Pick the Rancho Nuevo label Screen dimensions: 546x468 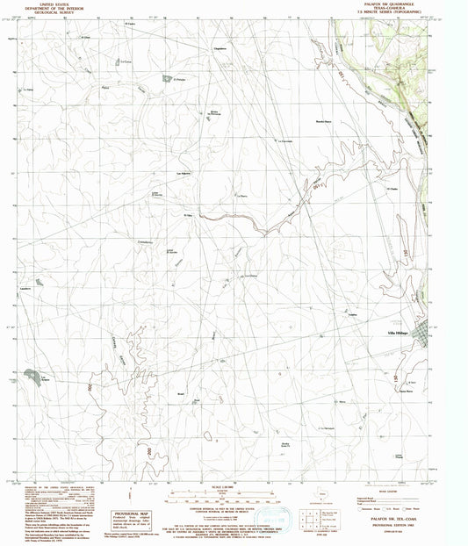325,120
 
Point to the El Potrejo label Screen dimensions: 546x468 181,80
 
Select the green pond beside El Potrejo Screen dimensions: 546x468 166,79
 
